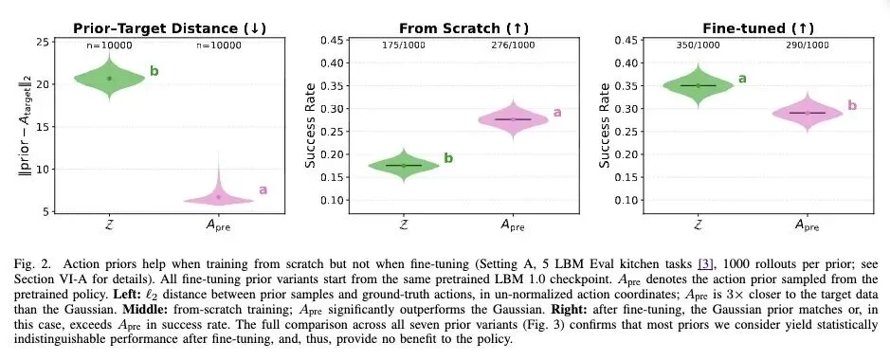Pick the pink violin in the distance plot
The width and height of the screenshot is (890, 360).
[219, 195]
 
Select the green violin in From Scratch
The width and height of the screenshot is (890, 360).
[404, 165]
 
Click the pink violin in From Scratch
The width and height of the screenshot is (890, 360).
[513, 119]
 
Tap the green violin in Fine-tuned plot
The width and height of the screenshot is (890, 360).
[699, 85]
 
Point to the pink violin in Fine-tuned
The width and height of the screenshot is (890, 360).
[808, 113]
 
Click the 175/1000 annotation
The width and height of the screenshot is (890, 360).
[404, 45]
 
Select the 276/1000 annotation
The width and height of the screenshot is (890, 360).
[513, 45]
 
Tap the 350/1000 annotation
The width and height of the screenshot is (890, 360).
[699, 45]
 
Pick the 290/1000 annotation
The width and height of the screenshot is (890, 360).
[808, 45]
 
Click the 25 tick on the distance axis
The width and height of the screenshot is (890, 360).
[42, 43]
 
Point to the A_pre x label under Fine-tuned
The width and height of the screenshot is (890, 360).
[807, 225]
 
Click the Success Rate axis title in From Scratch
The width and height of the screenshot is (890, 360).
[311, 126]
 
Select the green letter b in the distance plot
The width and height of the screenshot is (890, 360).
[154, 71]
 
